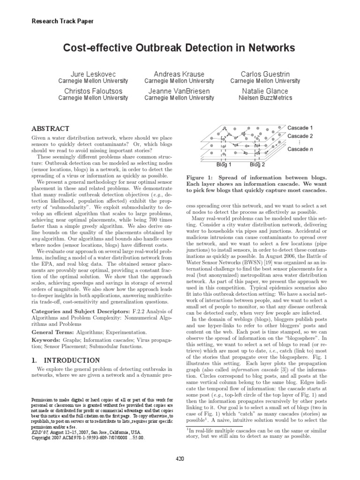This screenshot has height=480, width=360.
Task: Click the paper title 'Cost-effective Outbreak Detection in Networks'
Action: coord(180,48)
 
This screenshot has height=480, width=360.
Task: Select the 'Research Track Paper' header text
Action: coord(62,21)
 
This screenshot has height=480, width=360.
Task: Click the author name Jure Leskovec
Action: coord(93,74)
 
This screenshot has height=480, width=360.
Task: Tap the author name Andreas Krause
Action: coord(180,74)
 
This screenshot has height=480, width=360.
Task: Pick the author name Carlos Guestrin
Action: coord(265,74)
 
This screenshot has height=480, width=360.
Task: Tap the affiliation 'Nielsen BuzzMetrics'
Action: coord(265,98)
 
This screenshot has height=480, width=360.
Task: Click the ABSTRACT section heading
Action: coord(50,128)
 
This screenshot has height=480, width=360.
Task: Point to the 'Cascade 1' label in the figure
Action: coord(300,127)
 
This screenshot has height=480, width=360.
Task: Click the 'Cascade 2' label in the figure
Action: coord(300,136)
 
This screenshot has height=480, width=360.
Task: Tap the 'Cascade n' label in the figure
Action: coord(300,149)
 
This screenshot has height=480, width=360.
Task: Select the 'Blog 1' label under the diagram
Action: coord(224,165)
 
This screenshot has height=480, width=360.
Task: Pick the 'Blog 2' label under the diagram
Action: coord(257,165)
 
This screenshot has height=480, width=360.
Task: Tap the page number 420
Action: coord(180,458)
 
